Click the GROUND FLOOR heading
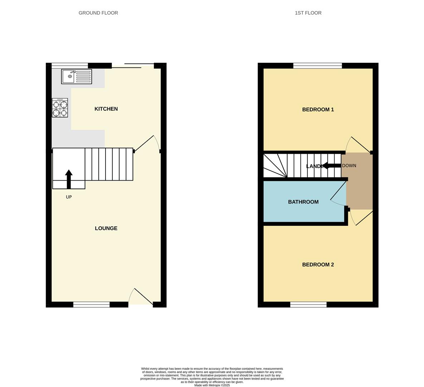coord(98,13)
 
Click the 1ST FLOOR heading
coord(308,13)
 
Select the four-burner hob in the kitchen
coord(60,108)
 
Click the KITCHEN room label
coord(106,109)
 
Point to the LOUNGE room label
coord(106,228)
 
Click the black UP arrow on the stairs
coord(69,179)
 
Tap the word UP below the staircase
coord(69,197)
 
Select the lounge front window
coord(92,305)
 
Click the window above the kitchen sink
coord(70,66)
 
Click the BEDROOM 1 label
coord(318,110)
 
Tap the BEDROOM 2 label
coord(318,265)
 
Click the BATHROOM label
coord(303,202)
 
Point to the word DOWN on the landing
coord(349,166)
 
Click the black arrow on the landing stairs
coord(332,166)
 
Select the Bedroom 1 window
coord(317,66)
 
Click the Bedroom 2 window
coord(308,305)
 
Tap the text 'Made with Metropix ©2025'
coord(212,385)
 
